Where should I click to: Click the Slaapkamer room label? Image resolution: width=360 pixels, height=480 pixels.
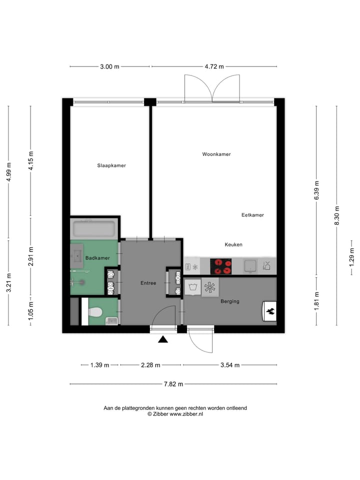coord(111,165)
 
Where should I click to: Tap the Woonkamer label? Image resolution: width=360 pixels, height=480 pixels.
coord(216,154)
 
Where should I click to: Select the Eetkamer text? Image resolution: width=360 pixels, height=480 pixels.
coord(252,215)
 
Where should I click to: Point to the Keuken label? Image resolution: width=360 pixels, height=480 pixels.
coord(233,244)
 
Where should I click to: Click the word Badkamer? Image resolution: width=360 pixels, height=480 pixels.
coord(97,258)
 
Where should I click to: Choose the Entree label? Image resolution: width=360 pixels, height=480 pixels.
coord(148,283)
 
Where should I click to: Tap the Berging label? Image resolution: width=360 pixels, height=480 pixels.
coord(230,301)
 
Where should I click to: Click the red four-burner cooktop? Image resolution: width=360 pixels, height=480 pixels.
coord(221,266)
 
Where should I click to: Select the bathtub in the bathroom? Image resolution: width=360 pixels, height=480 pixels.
coord(94,229)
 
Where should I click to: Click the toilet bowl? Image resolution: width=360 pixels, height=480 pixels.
coord(95,312)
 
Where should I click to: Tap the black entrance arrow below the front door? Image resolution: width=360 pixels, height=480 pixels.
coord(163,340)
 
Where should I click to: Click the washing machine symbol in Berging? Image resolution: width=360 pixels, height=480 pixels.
coord(192,286)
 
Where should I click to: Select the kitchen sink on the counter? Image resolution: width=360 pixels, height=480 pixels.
coord(250,265)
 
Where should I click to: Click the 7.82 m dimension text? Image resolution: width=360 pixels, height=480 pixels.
coord(173,384)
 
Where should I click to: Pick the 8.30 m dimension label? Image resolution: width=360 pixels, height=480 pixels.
coord(336,215)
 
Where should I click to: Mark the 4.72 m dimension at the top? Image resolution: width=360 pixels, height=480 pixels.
coord(214,66)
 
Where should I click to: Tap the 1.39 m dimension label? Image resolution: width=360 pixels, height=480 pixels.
coord(99,365)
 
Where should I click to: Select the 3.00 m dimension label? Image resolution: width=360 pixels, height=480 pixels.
coord(109,66)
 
